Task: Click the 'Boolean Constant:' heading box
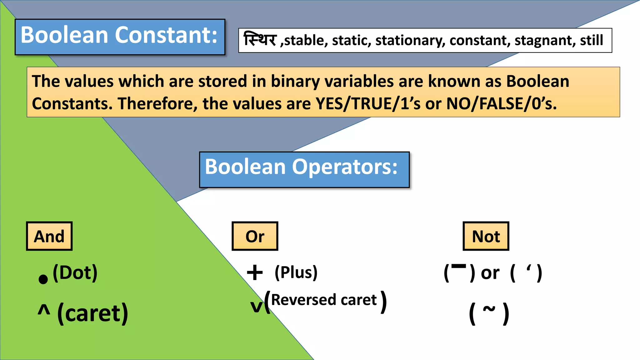120,37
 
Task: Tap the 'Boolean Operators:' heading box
304,170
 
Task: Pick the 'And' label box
49,236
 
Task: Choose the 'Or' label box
255,236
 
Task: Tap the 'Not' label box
486,236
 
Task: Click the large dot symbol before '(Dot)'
43,279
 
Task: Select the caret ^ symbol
44,310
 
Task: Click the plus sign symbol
255,272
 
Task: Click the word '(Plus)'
296,272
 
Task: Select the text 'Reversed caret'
324,300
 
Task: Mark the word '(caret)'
93,313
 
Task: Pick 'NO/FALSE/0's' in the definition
501,103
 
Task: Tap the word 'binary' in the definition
295,81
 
